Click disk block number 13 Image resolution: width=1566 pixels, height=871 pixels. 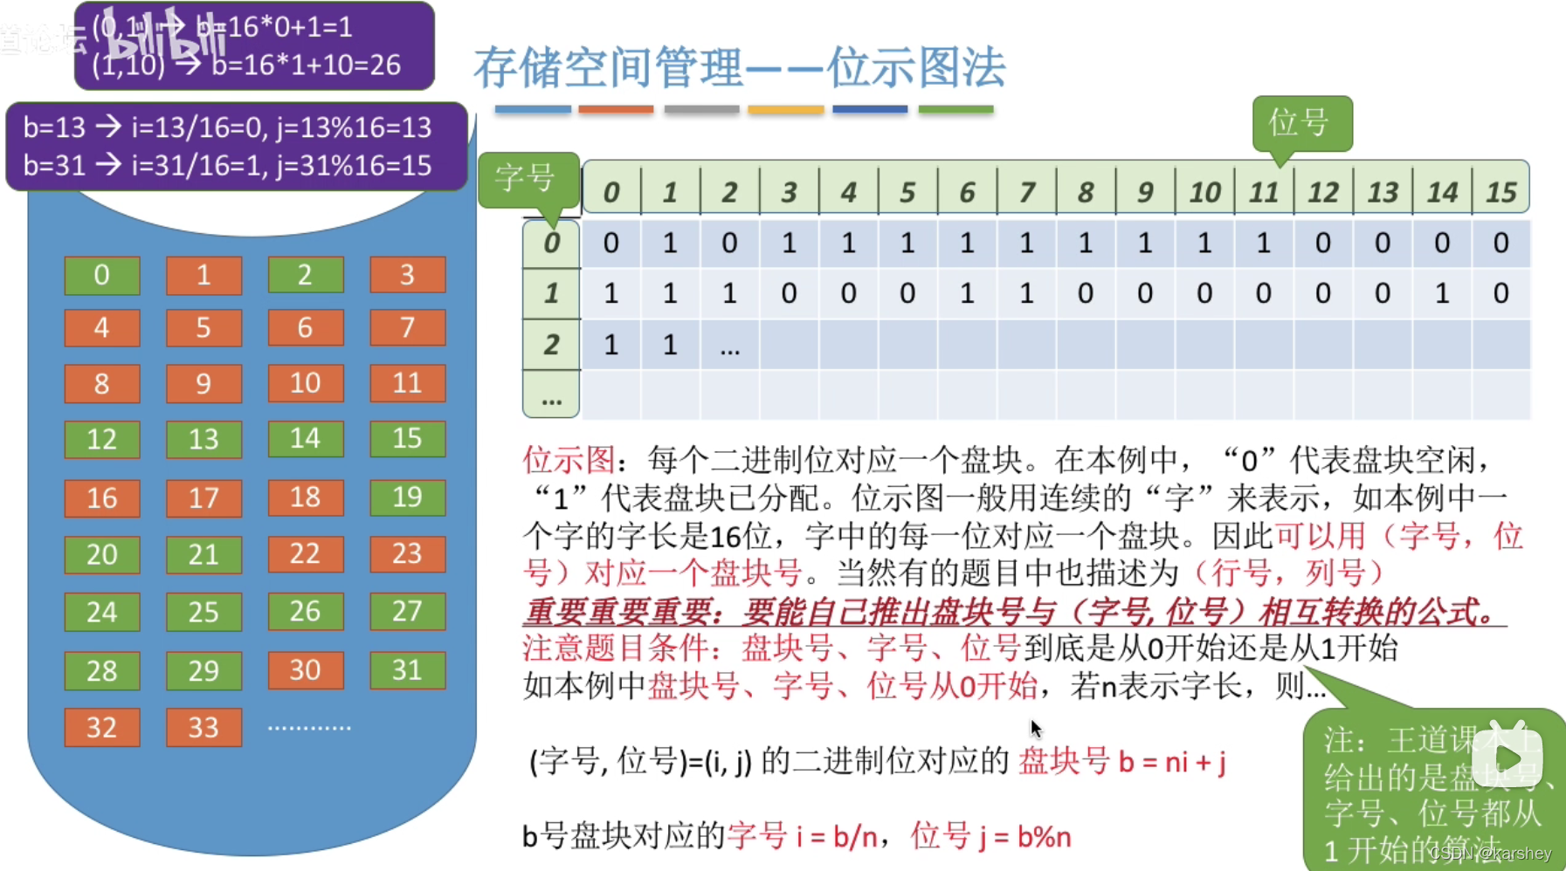pos(204,439)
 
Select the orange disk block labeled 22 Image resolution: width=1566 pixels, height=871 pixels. pos(305,553)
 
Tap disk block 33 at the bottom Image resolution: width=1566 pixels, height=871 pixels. pos(204,727)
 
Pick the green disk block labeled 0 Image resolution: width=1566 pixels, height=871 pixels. pos(101,275)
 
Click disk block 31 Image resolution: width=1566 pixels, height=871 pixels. pos(407,670)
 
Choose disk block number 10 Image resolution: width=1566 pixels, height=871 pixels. pos(305,383)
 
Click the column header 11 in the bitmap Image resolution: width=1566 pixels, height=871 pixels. pos(1263,191)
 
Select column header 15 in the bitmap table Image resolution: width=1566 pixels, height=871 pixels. pos(1500,191)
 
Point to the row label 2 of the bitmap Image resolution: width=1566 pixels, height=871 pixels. pos(551,345)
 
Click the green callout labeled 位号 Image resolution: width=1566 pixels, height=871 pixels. pos(1300,123)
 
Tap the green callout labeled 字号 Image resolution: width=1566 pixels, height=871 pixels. pos(526,178)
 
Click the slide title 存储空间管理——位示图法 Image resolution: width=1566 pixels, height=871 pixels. pos(739,68)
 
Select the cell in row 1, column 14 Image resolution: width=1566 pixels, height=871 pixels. pos(1441,293)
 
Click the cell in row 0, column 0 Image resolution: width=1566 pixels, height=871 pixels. pos(611,243)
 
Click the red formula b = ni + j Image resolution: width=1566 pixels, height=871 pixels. pos(1172,762)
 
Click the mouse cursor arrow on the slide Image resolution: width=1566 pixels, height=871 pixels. pos(1036,729)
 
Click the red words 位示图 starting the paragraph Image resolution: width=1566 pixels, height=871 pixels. pos(569,459)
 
